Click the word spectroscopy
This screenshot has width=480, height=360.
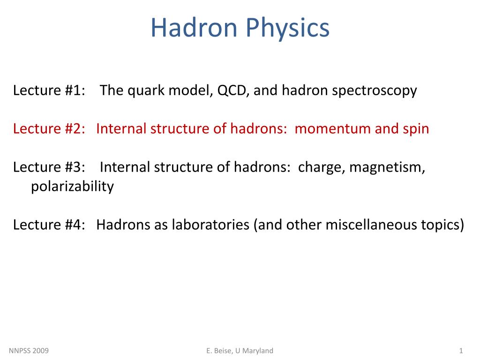[375, 90]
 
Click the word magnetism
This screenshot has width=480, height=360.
[387, 167]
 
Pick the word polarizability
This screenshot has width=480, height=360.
[72, 187]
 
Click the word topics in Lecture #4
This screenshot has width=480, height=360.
[442, 225]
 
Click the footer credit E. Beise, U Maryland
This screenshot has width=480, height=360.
[240, 351]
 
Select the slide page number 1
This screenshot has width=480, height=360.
[461, 351]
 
